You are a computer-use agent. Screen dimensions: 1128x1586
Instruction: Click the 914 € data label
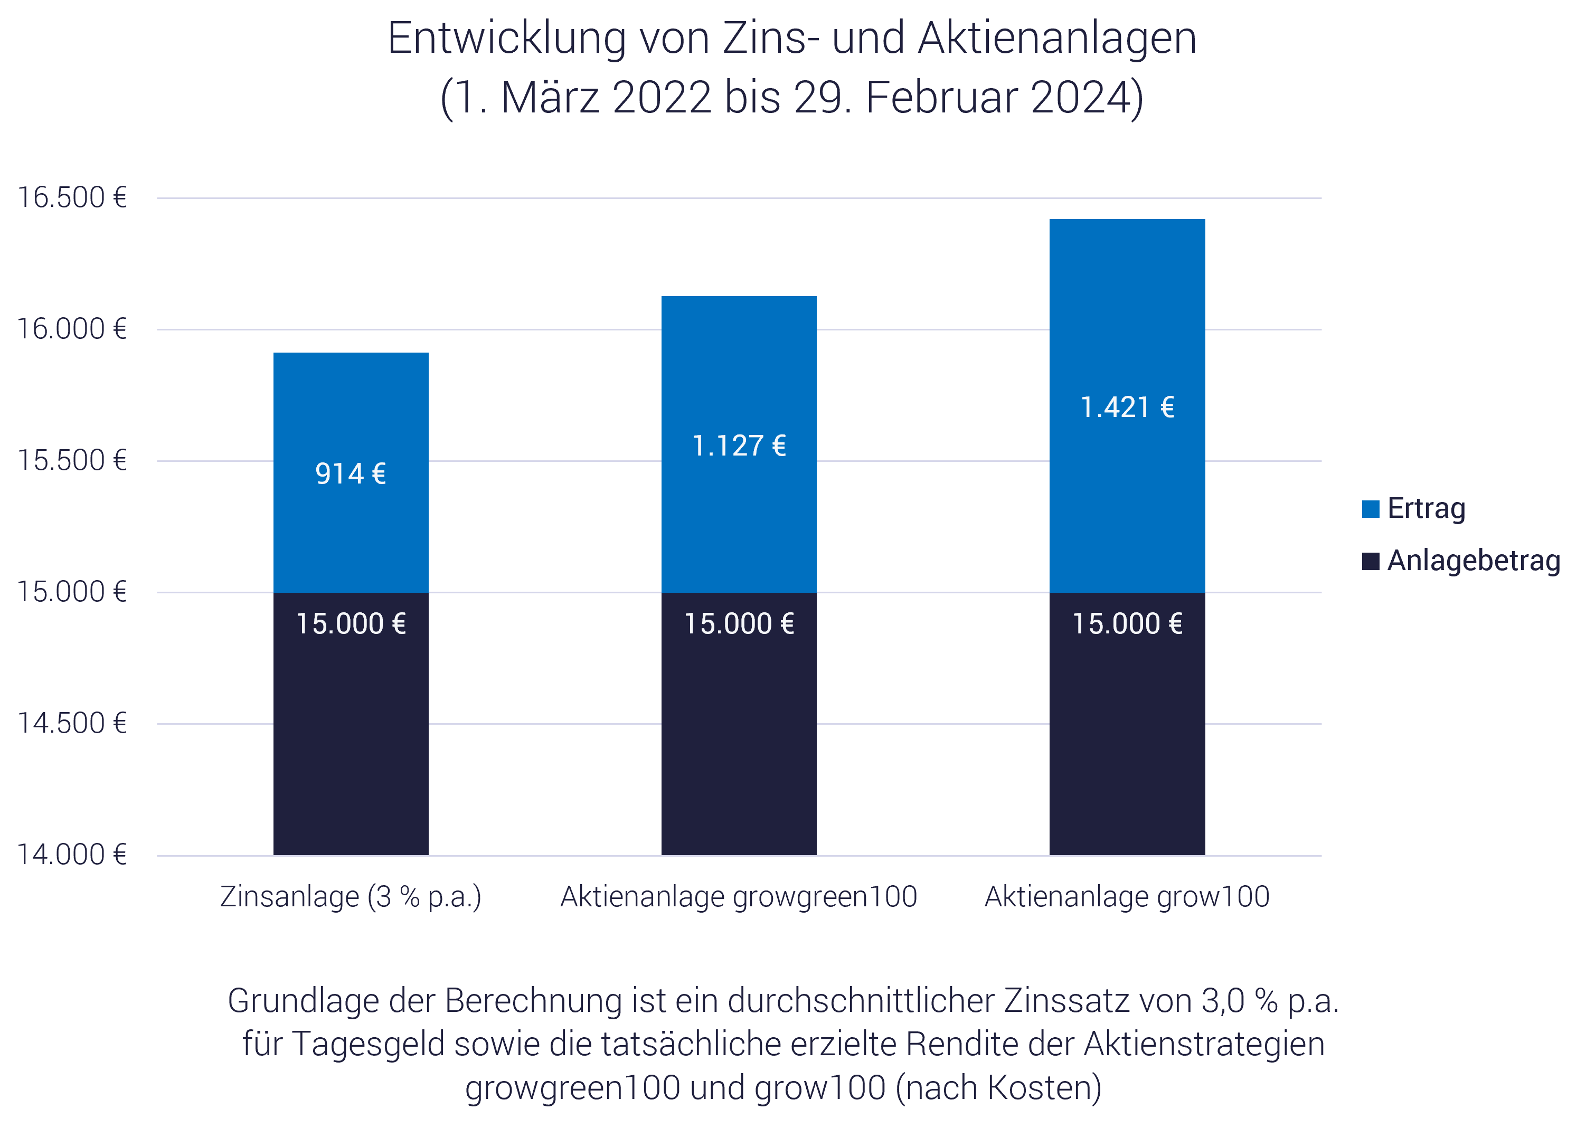pyautogui.click(x=350, y=473)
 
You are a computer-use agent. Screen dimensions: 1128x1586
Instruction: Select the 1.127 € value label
pyautogui.click(x=739, y=446)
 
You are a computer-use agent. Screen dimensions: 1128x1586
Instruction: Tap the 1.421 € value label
pyautogui.click(x=1127, y=407)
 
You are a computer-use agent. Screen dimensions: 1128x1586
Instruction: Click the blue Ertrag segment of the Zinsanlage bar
pyautogui.click(x=350, y=528)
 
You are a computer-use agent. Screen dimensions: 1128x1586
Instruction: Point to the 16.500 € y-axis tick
pyautogui.click(x=72, y=198)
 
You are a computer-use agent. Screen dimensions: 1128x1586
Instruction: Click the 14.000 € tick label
pyautogui.click(x=72, y=855)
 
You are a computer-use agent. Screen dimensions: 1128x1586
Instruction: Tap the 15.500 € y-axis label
pyautogui.click(x=72, y=460)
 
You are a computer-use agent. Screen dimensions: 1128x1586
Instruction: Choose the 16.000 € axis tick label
pyautogui.click(x=72, y=329)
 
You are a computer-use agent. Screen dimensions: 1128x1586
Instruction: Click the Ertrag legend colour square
pyautogui.click(x=1370, y=509)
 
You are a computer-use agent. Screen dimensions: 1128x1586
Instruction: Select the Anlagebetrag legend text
pyautogui.click(x=1474, y=561)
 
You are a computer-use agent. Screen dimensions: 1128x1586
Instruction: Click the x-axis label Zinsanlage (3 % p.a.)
pyautogui.click(x=350, y=897)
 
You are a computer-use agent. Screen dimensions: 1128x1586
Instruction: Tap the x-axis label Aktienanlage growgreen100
pyautogui.click(x=739, y=897)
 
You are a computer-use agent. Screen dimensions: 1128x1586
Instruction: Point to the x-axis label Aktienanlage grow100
pyautogui.click(x=1127, y=897)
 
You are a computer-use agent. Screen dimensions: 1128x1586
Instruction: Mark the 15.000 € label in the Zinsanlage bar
pyautogui.click(x=350, y=624)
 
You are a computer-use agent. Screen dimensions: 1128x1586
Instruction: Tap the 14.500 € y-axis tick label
pyautogui.click(x=72, y=724)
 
